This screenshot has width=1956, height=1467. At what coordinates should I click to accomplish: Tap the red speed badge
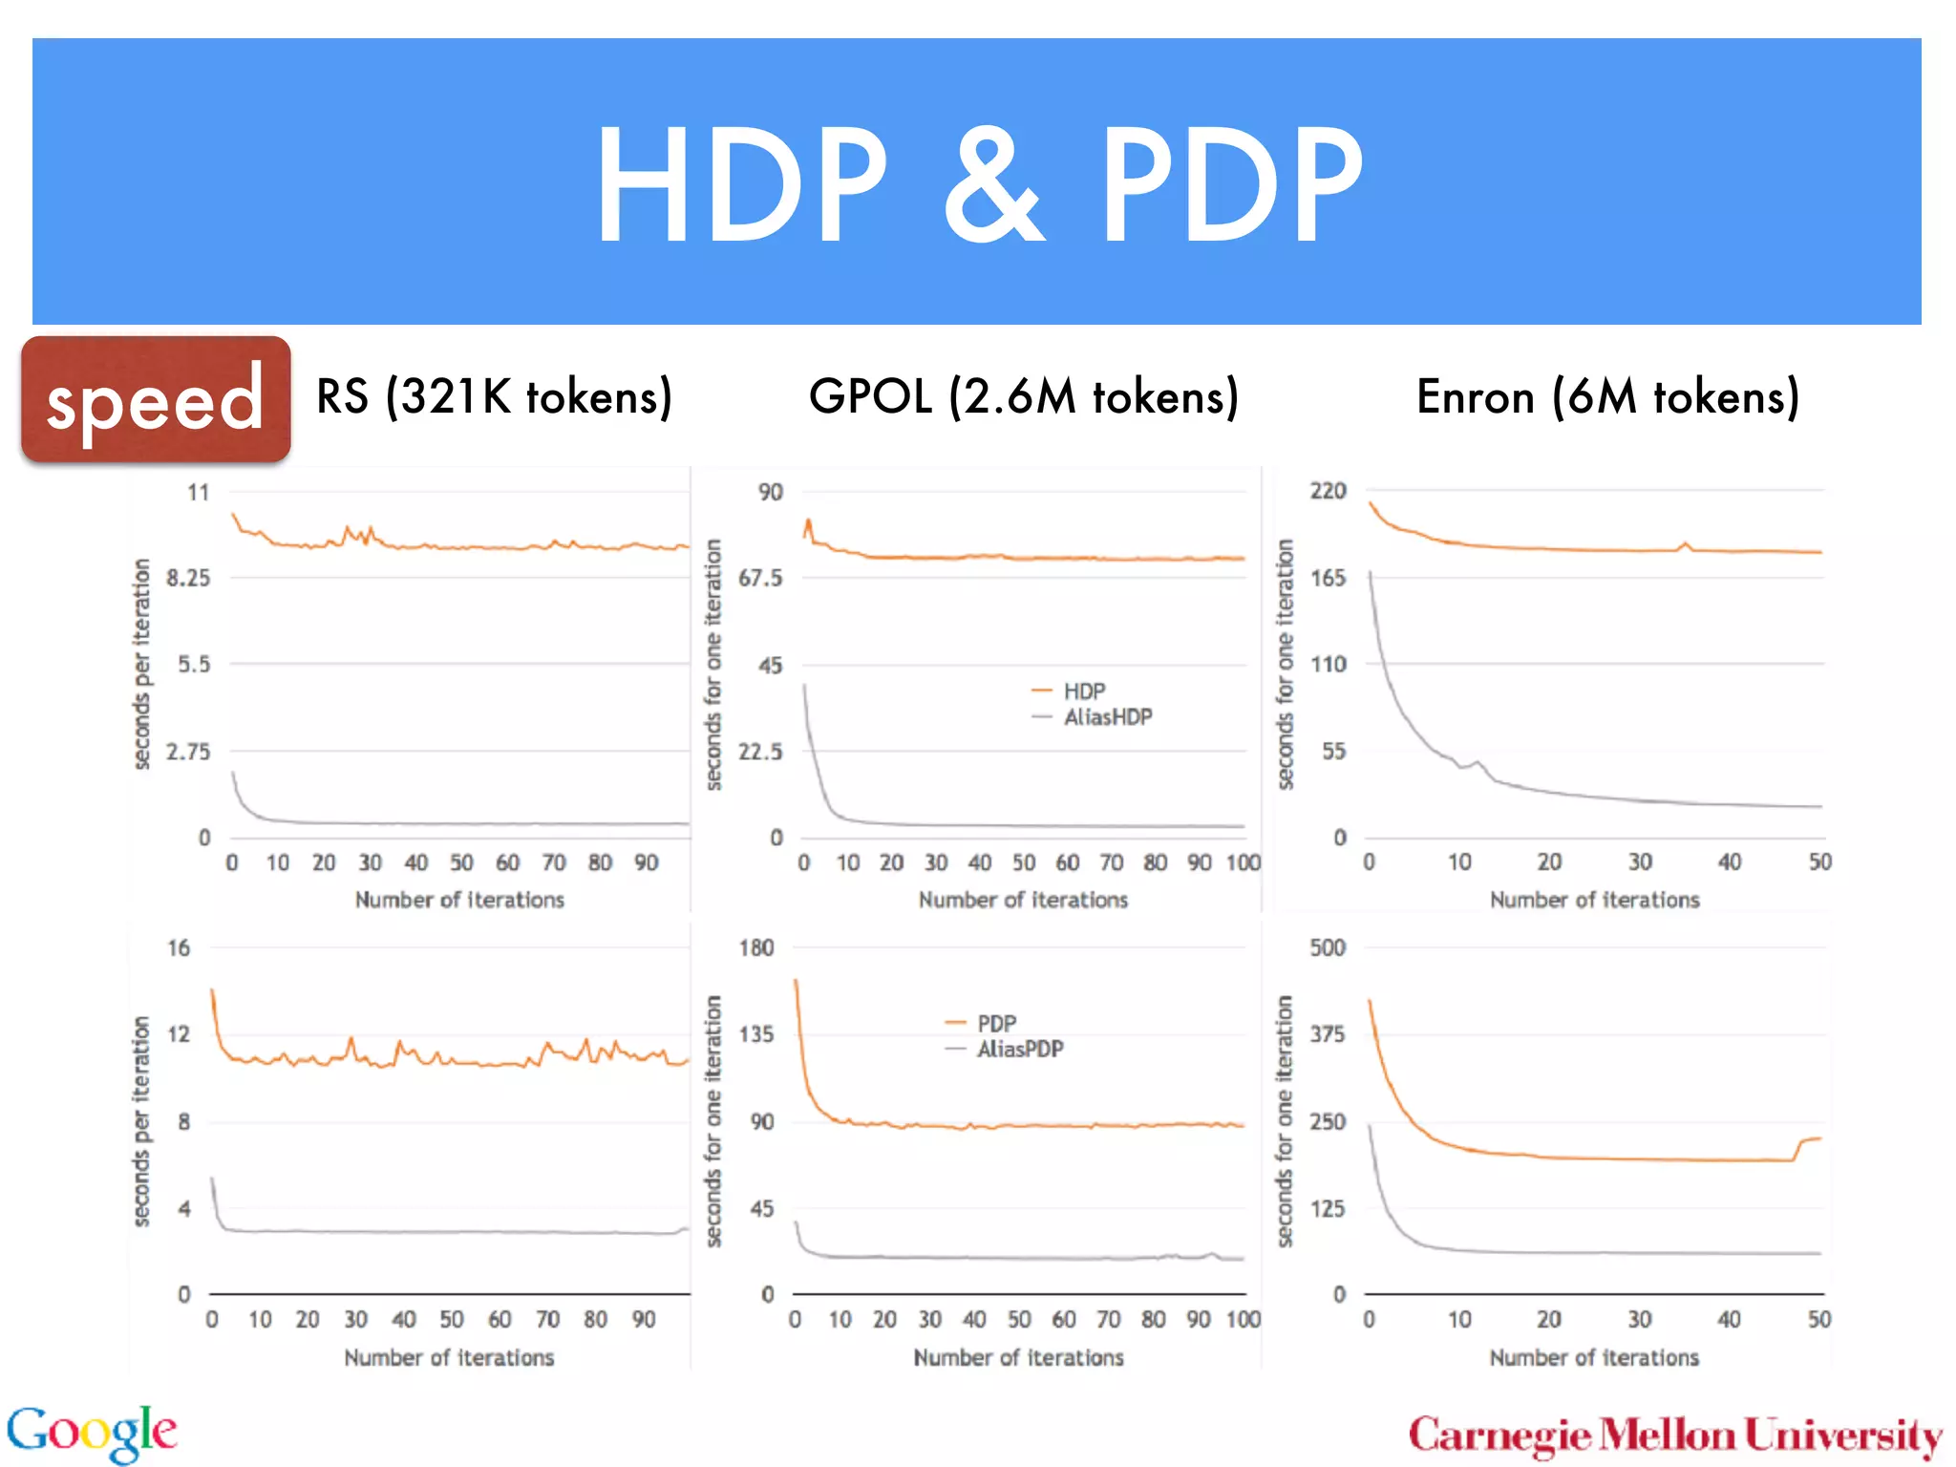[x=156, y=399]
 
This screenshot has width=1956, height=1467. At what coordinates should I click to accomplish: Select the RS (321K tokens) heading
[x=494, y=396]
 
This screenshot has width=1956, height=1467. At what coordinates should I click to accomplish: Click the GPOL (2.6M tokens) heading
[x=1023, y=396]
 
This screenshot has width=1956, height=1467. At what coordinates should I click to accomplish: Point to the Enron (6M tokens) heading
[x=1607, y=396]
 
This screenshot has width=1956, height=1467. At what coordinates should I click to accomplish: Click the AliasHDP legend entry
[x=1107, y=717]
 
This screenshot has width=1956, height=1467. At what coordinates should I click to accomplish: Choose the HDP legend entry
[x=1084, y=691]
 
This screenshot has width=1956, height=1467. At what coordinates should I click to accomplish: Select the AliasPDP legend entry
[x=1019, y=1049]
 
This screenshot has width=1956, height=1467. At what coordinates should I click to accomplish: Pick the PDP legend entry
[x=996, y=1023]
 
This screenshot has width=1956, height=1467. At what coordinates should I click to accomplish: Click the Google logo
[x=92, y=1433]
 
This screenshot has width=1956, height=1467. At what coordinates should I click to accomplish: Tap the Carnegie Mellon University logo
[x=1675, y=1435]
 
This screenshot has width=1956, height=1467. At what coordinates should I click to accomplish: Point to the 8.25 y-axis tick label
[x=188, y=578]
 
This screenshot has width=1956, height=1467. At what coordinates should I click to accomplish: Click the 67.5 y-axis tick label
[x=760, y=578]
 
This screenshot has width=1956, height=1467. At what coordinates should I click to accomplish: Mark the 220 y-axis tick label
[x=1328, y=491]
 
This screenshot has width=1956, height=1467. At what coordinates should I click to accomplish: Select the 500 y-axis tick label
[x=1328, y=947]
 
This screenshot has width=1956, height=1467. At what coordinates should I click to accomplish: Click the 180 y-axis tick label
[x=755, y=947]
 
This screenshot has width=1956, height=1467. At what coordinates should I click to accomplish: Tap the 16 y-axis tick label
[x=179, y=947]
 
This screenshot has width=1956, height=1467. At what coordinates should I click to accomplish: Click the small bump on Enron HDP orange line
[x=1686, y=545]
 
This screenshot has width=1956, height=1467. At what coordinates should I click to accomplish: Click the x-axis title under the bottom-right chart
[x=1594, y=1357]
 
